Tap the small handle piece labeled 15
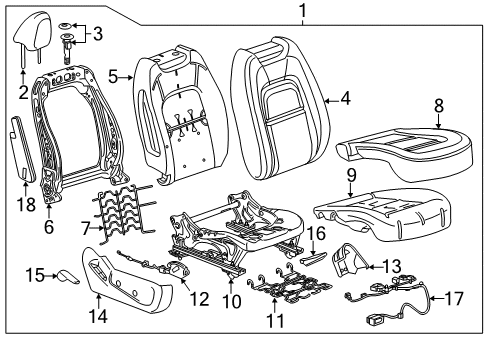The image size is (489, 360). [x=68, y=274]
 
